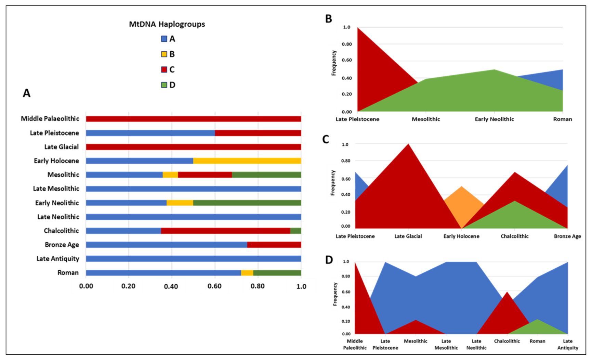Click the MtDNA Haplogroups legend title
point(167,24)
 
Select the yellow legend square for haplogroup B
point(164,54)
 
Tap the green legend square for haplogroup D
point(164,85)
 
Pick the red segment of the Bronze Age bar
point(274,245)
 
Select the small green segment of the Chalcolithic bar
point(295,231)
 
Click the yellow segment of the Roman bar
point(247,273)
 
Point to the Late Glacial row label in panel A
point(62,147)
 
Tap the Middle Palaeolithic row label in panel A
point(50,119)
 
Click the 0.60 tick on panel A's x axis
point(214,286)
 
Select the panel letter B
point(328,19)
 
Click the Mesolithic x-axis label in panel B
point(426,119)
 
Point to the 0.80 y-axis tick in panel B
point(347,44)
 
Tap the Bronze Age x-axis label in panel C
point(567,236)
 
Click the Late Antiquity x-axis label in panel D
point(567,344)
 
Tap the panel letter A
point(26,93)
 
